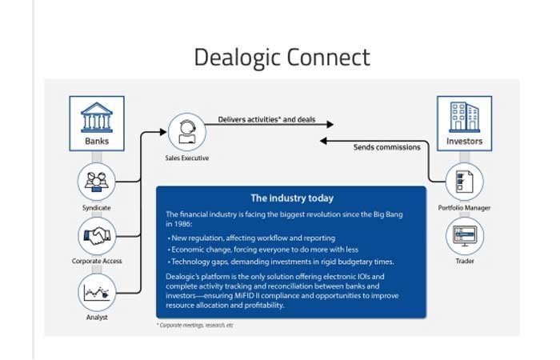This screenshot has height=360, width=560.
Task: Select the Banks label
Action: [x=96, y=142]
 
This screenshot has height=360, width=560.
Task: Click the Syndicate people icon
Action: [x=96, y=182]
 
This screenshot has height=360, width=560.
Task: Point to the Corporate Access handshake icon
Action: [x=96, y=236]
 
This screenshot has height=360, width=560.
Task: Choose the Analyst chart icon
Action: [x=96, y=292]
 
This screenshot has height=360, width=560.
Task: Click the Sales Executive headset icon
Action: [x=186, y=130]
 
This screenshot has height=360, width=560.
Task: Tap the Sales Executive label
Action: [x=186, y=158]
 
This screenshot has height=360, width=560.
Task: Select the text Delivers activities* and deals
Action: [x=266, y=120]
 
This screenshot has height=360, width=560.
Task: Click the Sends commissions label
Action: [x=386, y=147]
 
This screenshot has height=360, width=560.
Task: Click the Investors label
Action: [x=464, y=142]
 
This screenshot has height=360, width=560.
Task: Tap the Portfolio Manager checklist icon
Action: [x=464, y=182]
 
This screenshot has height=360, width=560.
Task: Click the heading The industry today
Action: [x=291, y=198]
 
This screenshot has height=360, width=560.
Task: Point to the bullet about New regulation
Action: [x=251, y=238]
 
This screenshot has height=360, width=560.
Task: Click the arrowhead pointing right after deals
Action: [x=329, y=123]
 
